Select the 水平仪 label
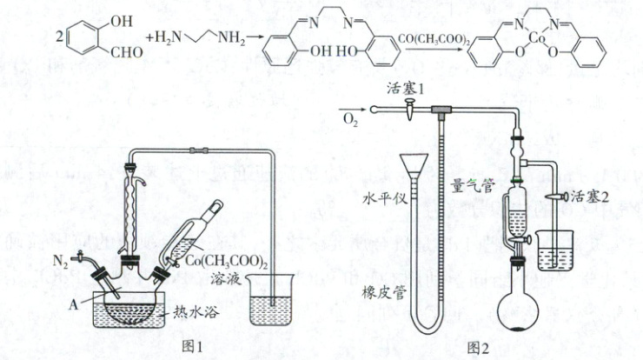(x=379, y=197)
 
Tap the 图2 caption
(x=479, y=347)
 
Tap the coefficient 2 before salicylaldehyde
(x=58, y=38)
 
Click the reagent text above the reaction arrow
(x=433, y=39)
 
